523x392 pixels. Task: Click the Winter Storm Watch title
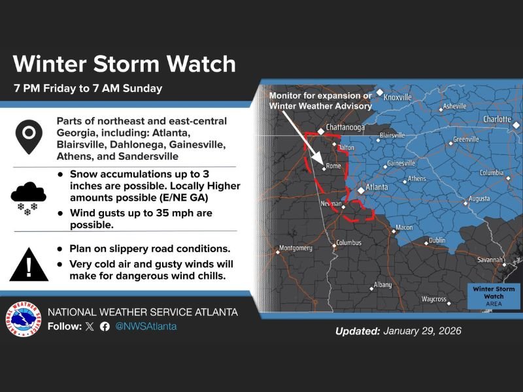tap(124, 63)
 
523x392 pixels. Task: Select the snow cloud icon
tap(27, 197)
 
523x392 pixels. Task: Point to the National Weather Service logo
tap(22, 319)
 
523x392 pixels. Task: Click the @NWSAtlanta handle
tap(146, 326)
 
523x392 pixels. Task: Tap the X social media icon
tap(90, 326)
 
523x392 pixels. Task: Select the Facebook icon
tap(105, 326)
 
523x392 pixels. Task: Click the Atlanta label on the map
tap(377, 188)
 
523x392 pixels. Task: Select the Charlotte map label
tap(497, 120)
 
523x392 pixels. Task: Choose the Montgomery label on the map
tap(295, 248)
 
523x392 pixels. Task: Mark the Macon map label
tap(405, 227)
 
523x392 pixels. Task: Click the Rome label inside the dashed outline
tap(333, 166)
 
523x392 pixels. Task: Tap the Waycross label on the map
tap(433, 299)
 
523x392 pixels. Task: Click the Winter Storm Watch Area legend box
tap(494, 296)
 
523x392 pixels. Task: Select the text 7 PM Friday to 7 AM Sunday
tap(87, 88)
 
